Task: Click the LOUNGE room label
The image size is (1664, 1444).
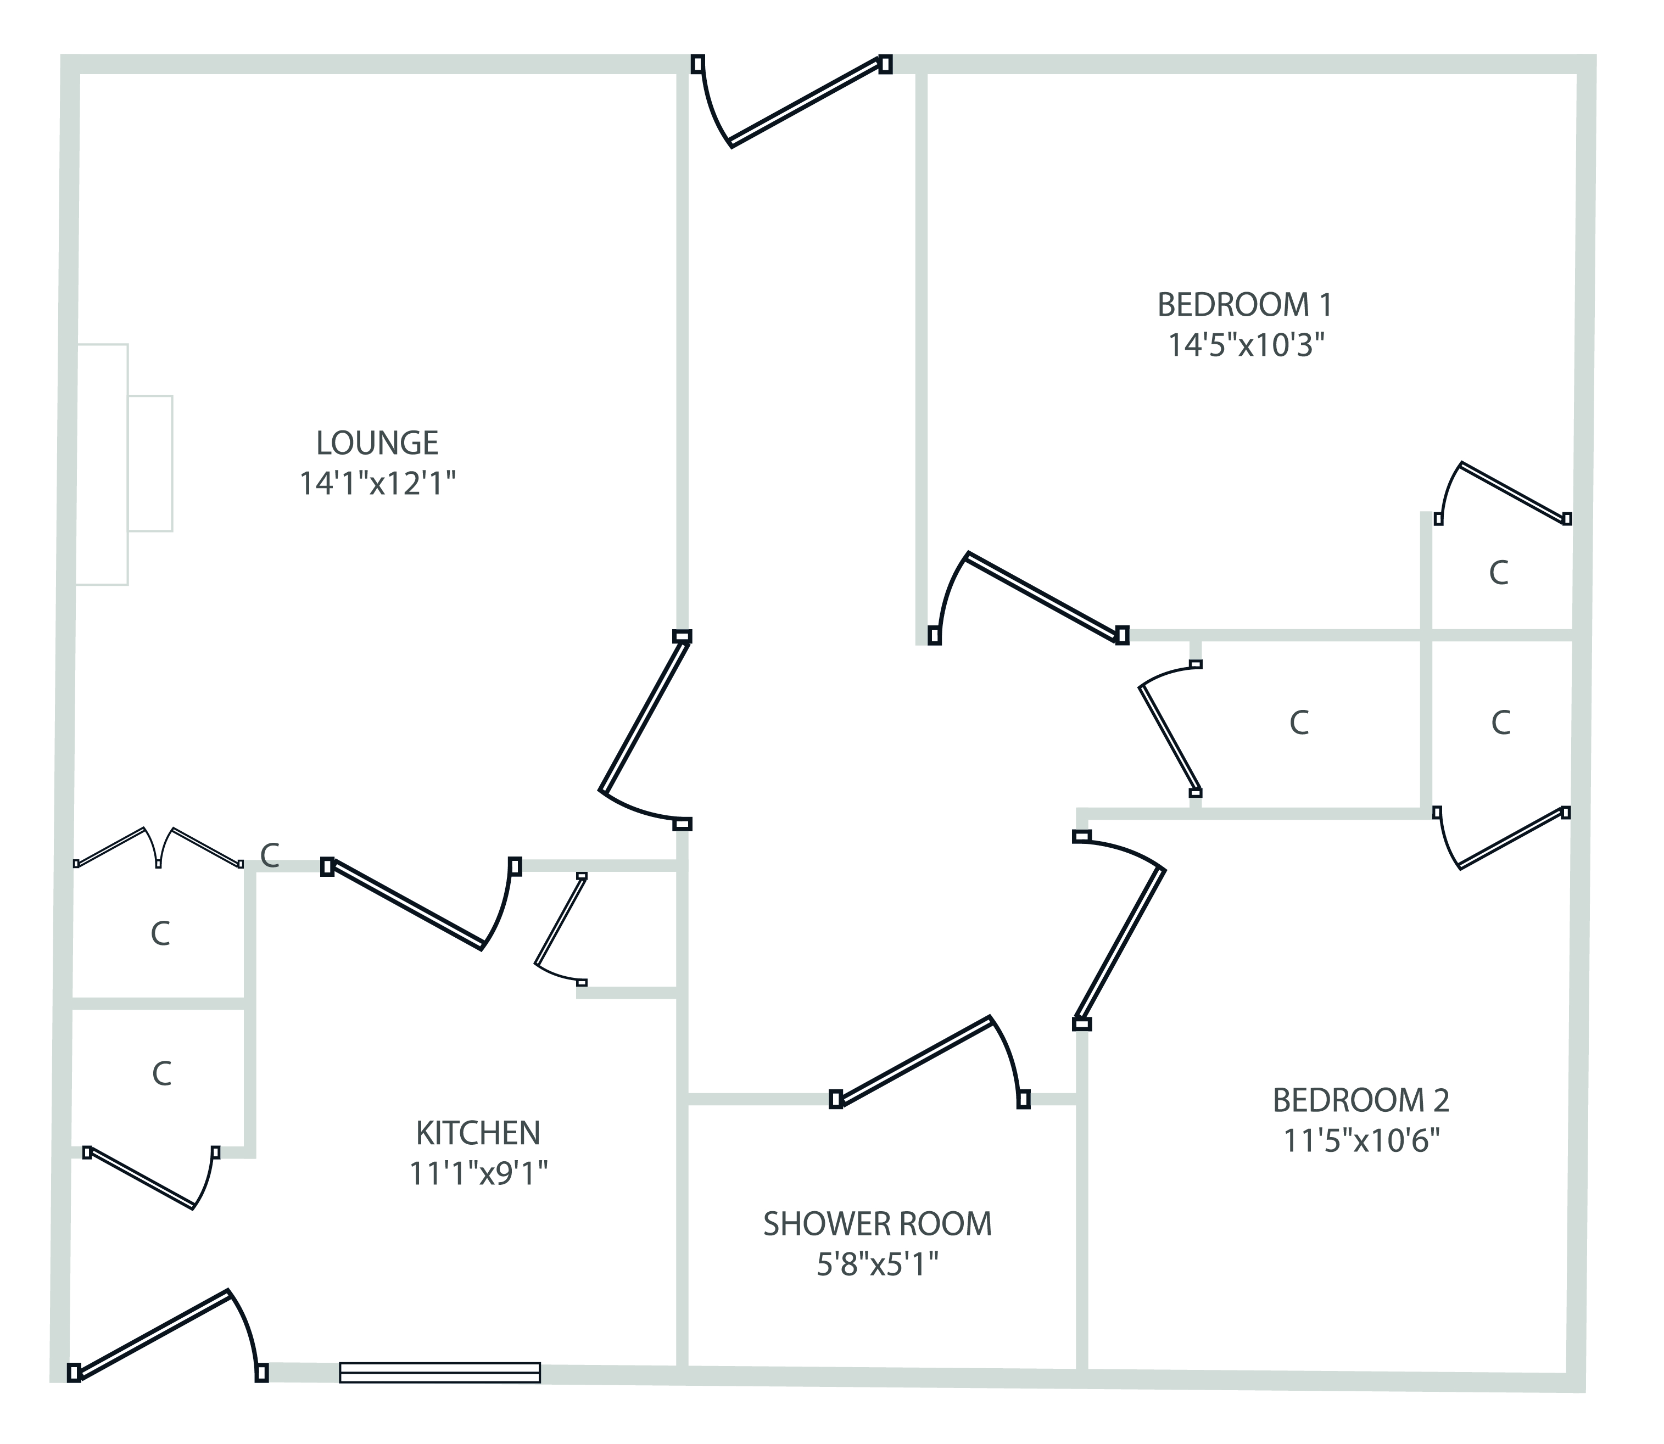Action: coord(377,443)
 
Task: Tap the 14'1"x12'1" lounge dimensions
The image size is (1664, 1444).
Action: coord(377,484)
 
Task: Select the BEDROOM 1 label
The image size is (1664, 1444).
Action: coord(1245,305)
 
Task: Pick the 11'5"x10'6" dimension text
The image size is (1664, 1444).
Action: coord(1361,1141)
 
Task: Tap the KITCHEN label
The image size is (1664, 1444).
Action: coord(478,1134)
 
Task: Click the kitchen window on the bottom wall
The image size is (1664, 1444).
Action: coord(439,1372)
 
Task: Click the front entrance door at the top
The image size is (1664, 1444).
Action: coord(794,100)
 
